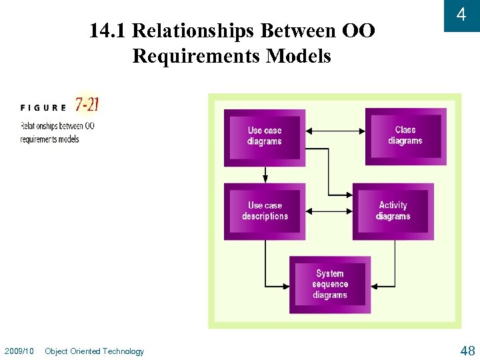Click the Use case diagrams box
pyautogui.click(x=265, y=137)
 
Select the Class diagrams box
pyautogui.click(x=405, y=136)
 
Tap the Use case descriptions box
pyautogui.click(x=265, y=211)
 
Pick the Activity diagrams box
pyautogui.click(x=393, y=211)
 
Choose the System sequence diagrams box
pyautogui.click(x=330, y=284)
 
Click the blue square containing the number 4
pyautogui.click(x=461, y=15)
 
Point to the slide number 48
pyautogui.click(x=467, y=351)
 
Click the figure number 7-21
pyautogui.click(x=87, y=104)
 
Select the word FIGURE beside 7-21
pyautogui.click(x=43, y=107)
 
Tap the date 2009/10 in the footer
pyautogui.click(x=19, y=351)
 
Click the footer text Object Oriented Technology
pyautogui.click(x=94, y=351)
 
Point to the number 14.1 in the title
pyautogui.click(x=109, y=31)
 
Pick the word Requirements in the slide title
pyautogui.click(x=196, y=57)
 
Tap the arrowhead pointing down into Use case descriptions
pyautogui.click(x=265, y=178)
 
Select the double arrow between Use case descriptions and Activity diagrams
pyautogui.click(x=329, y=212)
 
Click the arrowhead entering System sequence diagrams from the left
pyautogui.click(x=287, y=286)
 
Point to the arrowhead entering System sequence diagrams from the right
pyautogui.click(x=375, y=286)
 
